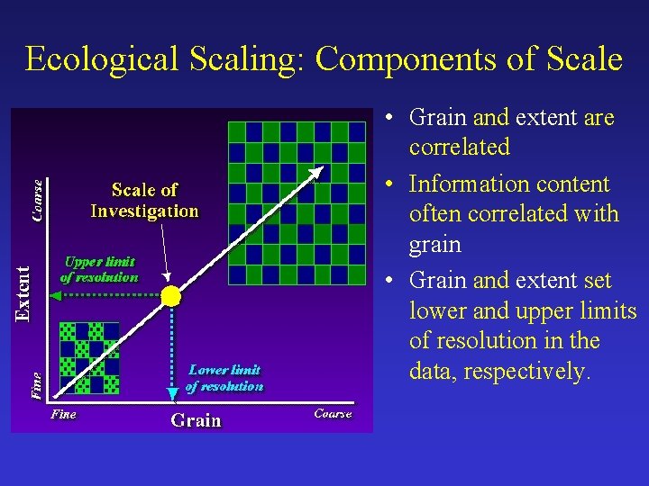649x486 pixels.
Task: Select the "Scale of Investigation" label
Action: (x=144, y=201)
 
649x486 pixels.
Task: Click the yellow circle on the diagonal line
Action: (x=170, y=296)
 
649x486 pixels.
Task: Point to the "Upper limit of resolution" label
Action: (x=99, y=269)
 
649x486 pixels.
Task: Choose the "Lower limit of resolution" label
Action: (x=224, y=378)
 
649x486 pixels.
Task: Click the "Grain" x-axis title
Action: (x=196, y=420)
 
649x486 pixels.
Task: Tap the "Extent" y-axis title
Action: (x=24, y=292)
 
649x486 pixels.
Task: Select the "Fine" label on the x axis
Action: (x=63, y=415)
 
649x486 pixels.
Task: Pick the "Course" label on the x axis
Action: (x=333, y=414)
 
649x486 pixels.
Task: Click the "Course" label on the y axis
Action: (x=37, y=200)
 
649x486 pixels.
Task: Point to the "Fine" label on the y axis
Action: (x=37, y=386)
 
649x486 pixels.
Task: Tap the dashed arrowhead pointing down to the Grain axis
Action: (x=171, y=392)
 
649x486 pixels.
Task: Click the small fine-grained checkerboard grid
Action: (x=88, y=357)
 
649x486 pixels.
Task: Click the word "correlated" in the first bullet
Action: (x=459, y=147)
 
